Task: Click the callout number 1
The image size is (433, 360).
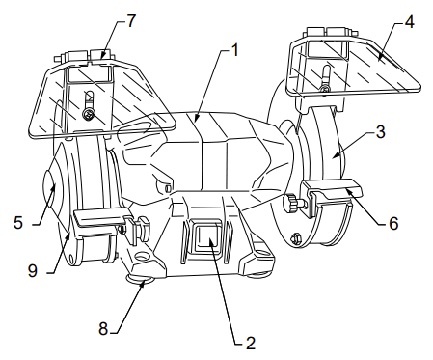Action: point(235,50)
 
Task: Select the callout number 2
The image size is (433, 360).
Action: point(251,344)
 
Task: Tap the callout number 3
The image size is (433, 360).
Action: point(381,132)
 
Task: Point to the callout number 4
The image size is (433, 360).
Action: point(409,22)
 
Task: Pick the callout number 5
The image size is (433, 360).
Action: point(18,222)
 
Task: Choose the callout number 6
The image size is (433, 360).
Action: point(393,223)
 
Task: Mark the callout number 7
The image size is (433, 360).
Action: point(131,21)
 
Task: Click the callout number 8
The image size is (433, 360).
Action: point(103,329)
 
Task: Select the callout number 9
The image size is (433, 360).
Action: point(33,271)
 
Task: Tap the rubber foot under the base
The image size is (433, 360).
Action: point(140,281)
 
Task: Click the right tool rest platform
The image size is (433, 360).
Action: point(333,188)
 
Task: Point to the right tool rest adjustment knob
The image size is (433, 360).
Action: point(290,202)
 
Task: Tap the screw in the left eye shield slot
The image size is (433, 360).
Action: point(88,114)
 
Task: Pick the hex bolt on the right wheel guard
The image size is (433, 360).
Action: point(295,238)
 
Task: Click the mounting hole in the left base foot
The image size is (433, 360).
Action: point(141,256)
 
